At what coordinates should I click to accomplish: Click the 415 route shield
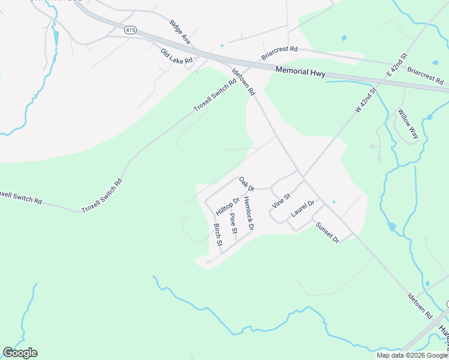click(x=129, y=29)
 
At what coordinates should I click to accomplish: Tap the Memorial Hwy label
click(x=300, y=70)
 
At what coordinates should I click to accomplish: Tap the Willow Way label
click(x=408, y=124)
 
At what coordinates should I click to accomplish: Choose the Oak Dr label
click(x=247, y=184)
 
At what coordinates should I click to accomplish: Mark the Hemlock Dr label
click(x=249, y=214)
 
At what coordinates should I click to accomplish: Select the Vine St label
click(x=281, y=200)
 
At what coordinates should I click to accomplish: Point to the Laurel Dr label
click(x=303, y=208)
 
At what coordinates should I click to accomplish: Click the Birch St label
click(x=218, y=235)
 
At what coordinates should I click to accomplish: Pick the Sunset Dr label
click(x=328, y=232)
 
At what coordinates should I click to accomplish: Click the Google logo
click(x=20, y=353)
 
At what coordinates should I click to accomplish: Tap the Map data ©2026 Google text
click(x=411, y=355)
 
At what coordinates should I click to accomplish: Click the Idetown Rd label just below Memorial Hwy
click(x=244, y=82)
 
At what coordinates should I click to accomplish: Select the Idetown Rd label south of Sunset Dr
click(x=420, y=305)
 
